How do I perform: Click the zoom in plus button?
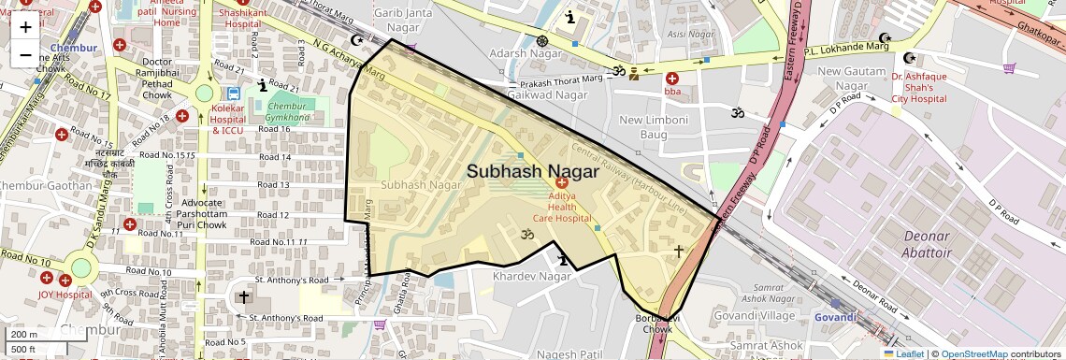(x=25, y=26)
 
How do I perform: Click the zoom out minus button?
(x=25, y=54)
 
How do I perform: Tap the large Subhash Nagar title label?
(x=532, y=171)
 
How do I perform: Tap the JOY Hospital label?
(x=65, y=294)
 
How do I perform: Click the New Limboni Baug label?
(x=654, y=128)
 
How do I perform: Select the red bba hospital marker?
(x=672, y=79)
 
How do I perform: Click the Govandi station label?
(x=834, y=317)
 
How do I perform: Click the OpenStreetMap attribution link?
(x=973, y=353)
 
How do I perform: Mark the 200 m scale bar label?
(x=25, y=334)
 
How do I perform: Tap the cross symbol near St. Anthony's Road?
(x=244, y=298)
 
